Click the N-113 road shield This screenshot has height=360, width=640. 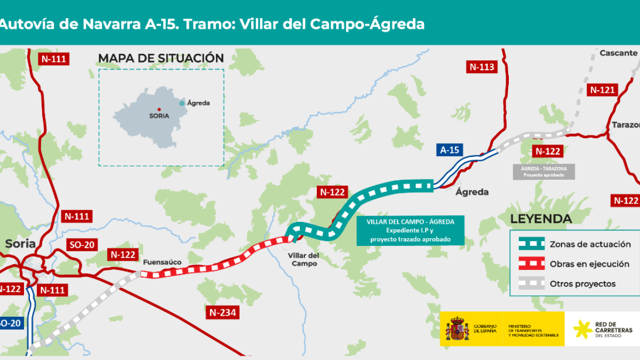pos(482,67)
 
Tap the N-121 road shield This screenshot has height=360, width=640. pos(603,90)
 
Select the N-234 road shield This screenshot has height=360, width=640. pos(222,313)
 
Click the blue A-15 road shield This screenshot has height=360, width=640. pos(450,150)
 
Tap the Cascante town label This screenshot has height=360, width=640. pos(618,53)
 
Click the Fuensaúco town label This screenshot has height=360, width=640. pos(162,262)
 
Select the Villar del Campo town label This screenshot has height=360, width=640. pos(303,260)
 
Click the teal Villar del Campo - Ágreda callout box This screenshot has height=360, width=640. pos(410,230)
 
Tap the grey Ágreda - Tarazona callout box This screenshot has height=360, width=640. pos(543,171)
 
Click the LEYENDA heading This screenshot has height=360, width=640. pos(541,219)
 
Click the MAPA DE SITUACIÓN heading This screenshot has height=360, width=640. pos(161,58)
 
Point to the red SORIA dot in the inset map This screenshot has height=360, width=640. pos(159,110)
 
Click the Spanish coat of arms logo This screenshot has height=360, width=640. pos(457,329)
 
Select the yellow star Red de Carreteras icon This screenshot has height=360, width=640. pos(581,329)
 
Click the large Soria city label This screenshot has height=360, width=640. pos(20,244)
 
